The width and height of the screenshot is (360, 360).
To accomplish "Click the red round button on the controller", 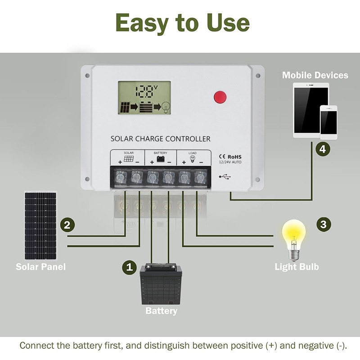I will tap(220, 97).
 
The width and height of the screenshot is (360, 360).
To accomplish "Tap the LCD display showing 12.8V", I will tap(144, 98).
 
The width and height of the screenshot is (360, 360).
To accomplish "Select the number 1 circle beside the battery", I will tap(130, 267).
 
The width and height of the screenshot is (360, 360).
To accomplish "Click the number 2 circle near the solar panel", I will tap(67, 225).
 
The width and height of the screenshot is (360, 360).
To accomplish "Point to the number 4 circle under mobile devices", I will tap(322, 149).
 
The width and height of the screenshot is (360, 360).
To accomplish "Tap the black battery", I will tap(161, 285).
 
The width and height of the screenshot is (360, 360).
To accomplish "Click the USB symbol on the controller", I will tap(225, 177).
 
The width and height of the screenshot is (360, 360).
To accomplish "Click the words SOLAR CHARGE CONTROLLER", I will tap(160, 139).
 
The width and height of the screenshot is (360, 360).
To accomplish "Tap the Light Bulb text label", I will tap(297, 267).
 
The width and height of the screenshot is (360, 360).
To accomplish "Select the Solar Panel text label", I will tap(40, 267).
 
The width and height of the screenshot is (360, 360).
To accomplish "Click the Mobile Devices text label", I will tap(315, 75).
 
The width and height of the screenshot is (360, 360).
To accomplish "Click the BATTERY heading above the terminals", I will tap(160, 153).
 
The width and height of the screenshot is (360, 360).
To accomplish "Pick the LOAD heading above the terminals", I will tap(192, 153).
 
